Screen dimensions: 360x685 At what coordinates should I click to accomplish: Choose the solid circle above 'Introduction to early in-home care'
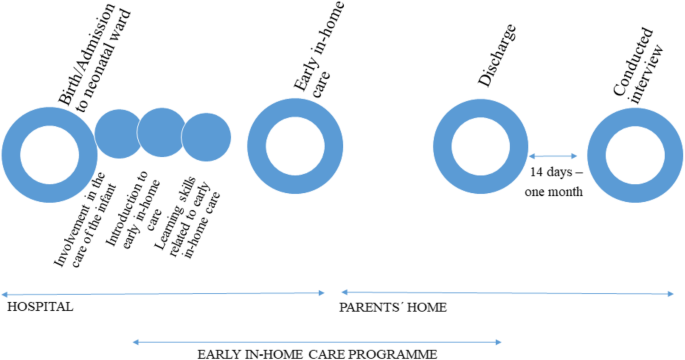[160, 131]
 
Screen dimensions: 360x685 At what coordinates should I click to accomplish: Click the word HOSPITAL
[40, 307]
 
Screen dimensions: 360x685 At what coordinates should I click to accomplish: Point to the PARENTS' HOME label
[393, 307]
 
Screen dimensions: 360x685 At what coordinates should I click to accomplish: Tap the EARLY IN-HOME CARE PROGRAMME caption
[317, 353]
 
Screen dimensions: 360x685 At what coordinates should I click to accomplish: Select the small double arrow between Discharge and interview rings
[553, 156]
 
